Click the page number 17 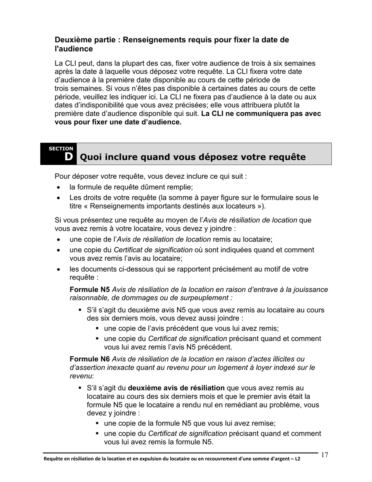(x=324, y=455)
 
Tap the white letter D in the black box (x=69, y=157)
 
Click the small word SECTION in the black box (x=61, y=149)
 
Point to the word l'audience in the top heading (x=74, y=49)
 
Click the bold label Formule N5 (x=90, y=290)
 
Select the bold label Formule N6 (x=90, y=359)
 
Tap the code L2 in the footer (x=298, y=458)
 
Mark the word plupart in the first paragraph (x=122, y=63)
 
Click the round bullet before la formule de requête (x=59, y=187)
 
